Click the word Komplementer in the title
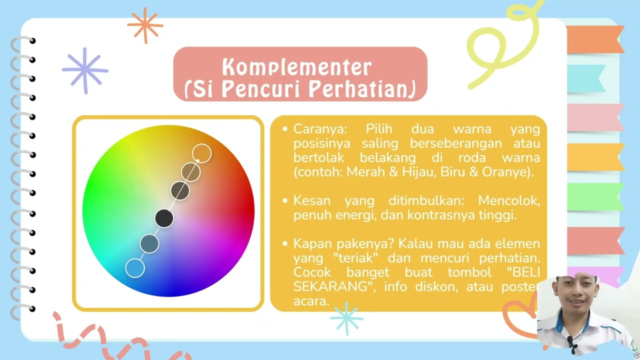[x=297, y=67]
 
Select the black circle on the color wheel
[x=164, y=218]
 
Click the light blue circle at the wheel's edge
[x=135, y=268]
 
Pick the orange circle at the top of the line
[x=201, y=153]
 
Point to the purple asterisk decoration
[x=85, y=70]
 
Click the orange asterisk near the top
[x=145, y=25]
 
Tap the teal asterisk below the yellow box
[x=346, y=318]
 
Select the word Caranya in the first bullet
[x=320, y=129]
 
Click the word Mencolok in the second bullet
[x=509, y=200]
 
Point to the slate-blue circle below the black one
[x=149, y=243]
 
